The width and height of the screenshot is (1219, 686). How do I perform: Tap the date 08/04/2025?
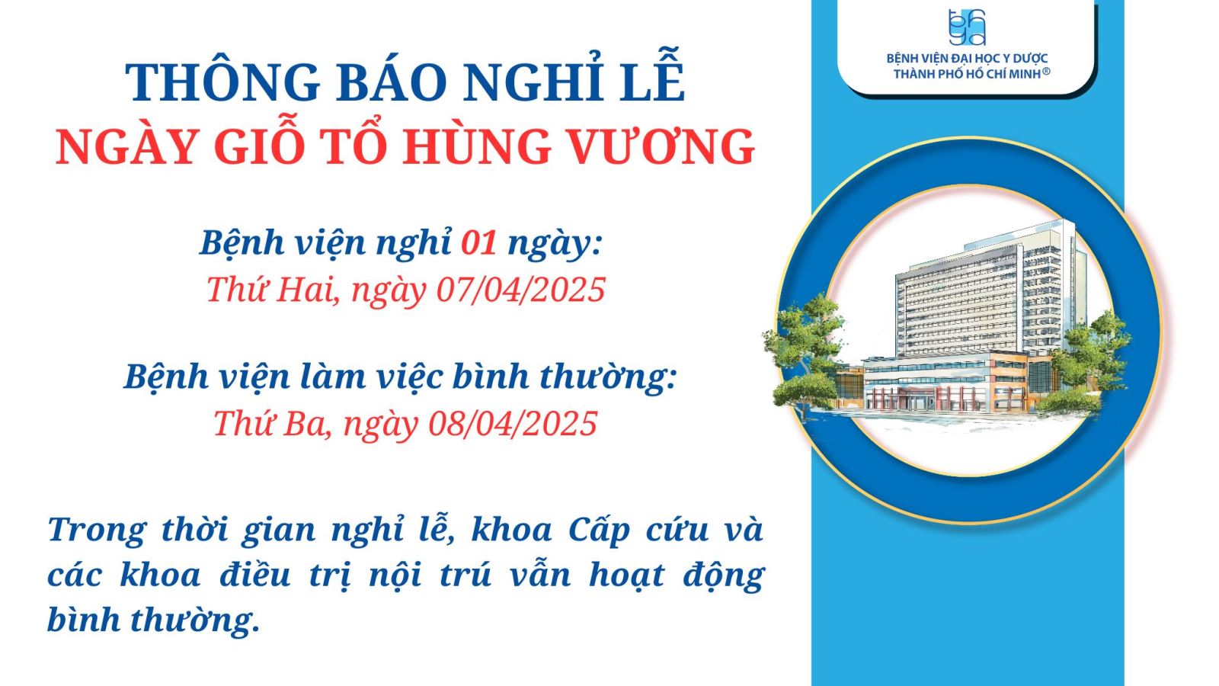point(514,423)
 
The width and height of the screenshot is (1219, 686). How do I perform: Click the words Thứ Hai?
point(270,289)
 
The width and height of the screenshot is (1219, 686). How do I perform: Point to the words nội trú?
point(430,575)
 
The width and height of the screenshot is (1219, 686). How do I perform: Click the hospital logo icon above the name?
point(967,27)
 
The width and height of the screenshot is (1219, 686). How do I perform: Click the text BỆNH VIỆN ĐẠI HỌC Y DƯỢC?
point(967,58)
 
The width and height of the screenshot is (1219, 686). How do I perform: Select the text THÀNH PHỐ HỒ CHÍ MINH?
point(967,73)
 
